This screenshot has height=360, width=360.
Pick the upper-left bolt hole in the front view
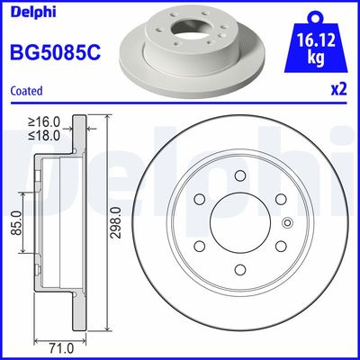coord(200,199)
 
